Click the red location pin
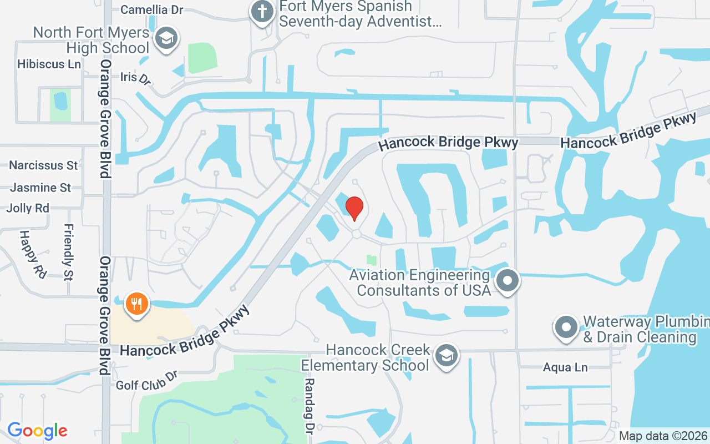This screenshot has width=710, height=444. pyautogui.click(x=354, y=208)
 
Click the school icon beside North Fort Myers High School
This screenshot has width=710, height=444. pyautogui.click(x=165, y=38)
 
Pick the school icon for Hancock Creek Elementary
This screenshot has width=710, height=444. pyautogui.click(x=446, y=355)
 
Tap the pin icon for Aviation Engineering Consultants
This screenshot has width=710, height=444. pyautogui.click(x=507, y=280)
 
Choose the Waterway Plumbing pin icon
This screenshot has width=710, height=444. pyautogui.click(x=566, y=327)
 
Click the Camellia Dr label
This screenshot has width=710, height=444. pyautogui.click(x=151, y=10)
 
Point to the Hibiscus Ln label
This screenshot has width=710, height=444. pyautogui.click(x=49, y=64)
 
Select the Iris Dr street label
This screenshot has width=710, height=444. pyautogui.click(x=135, y=78)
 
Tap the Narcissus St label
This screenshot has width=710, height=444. pyautogui.click(x=43, y=165)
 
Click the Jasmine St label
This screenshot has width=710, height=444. pyautogui.click(x=40, y=188)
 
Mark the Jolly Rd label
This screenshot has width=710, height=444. pyautogui.click(x=28, y=208)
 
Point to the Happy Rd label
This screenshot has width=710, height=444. pyautogui.click(x=33, y=255)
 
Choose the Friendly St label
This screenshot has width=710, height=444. pyautogui.click(x=69, y=252)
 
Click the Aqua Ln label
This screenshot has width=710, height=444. pyautogui.click(x=565, y=367)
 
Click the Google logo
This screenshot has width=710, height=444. pyautogui.click(x=37, y=431)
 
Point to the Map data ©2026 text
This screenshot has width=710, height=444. pyautogui.click(x=663, y=436)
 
